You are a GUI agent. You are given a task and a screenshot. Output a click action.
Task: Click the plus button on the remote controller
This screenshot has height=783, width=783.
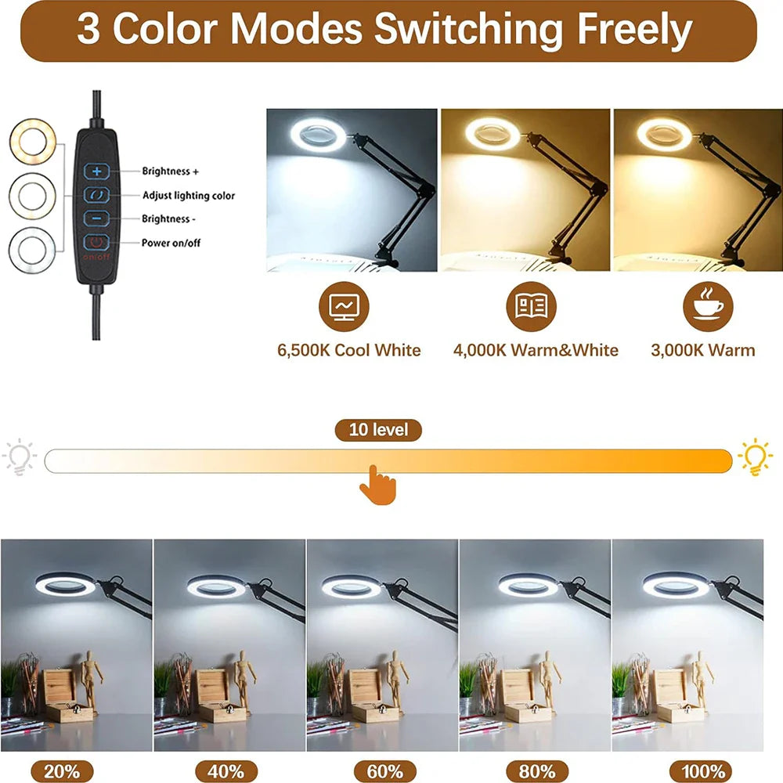[97, 171]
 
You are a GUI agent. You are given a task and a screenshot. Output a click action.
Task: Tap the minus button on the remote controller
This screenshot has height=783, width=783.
[97, 218]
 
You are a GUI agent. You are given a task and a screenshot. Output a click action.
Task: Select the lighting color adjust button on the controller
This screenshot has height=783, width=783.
[97, 195]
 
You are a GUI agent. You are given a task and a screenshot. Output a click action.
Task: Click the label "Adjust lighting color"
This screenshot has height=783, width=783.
[189, 195]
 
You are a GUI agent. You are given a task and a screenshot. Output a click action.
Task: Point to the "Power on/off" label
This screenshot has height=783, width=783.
[171, 243]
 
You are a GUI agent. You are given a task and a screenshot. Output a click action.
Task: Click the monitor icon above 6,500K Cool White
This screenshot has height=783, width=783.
[344, 306]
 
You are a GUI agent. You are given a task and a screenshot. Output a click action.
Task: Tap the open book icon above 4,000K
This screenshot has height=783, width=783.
[532, 306]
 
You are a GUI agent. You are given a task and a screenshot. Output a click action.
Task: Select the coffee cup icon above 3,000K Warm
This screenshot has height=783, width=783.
[708, 306]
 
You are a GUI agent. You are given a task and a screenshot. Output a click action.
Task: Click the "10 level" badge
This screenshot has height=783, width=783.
[378, 430]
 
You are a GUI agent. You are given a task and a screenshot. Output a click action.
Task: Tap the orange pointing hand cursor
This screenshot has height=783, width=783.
[378, 485]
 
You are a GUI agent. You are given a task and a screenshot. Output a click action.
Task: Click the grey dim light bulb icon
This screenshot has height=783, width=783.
[19, 456]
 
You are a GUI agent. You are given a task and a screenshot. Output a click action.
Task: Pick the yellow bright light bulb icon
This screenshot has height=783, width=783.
[755, 456]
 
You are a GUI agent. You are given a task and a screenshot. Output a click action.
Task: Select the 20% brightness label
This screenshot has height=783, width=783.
[62, 771]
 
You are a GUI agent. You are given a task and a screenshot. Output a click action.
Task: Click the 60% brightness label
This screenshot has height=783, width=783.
[385, 771]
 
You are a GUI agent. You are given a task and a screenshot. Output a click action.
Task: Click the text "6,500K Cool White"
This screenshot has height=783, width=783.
[349, 350]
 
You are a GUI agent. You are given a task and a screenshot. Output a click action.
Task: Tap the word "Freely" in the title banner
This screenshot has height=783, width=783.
[635, 29]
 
